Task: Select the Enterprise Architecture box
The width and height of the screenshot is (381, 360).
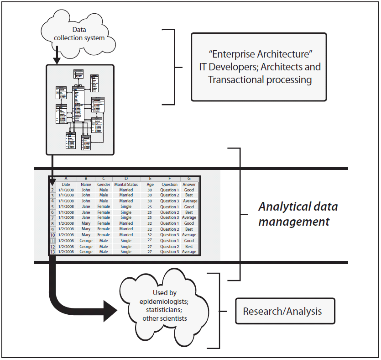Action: (258, 67)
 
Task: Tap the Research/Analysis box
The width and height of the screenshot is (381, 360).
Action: (282, 312)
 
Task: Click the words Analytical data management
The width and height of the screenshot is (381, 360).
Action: (297, 214)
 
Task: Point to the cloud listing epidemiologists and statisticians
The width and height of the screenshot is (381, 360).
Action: (164, 305)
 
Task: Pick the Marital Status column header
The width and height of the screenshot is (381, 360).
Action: (126, 185)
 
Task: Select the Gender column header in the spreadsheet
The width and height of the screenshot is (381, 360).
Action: (104, 185)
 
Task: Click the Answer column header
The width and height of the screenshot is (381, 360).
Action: (189, 185)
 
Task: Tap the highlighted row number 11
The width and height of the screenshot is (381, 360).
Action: (52, 241)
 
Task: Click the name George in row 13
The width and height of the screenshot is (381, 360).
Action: (86, 252)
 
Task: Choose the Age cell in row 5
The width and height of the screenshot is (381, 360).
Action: (150, 207)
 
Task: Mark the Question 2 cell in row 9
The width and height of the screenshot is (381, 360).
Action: (169, 229)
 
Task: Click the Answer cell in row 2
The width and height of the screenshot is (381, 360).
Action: (189, 190)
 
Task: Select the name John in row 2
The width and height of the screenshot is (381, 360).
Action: (86, 190)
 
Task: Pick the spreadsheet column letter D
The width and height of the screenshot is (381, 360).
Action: (126, 179)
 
